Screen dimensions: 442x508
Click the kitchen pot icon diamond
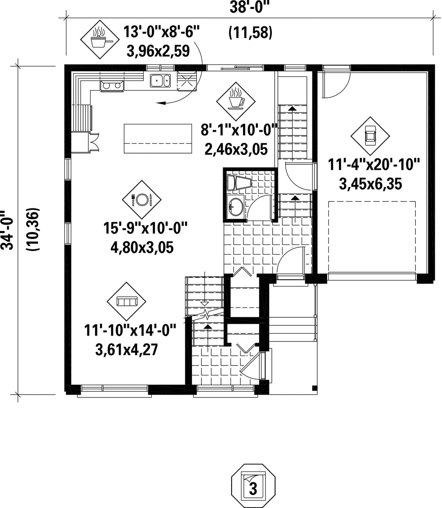pos(100,39)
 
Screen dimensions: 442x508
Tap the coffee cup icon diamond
pos(236,101)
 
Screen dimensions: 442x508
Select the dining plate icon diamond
pos(142,199)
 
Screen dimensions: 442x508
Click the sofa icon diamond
pos(126,301)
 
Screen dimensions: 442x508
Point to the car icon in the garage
pos(370,135)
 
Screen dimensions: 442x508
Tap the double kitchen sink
pos(160,80)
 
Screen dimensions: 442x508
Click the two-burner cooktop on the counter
pos(112,86)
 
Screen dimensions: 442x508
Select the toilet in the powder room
pos(239,183)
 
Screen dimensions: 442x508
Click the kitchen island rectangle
pos(158,138)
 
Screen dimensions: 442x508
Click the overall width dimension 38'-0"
pos(249,7)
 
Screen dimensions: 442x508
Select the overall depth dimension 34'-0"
pos(7,230)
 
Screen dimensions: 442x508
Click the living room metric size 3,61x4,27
pos(126,350)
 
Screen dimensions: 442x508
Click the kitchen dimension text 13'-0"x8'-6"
pos(161,32)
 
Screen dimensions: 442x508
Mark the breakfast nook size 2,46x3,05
pos(236,149)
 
